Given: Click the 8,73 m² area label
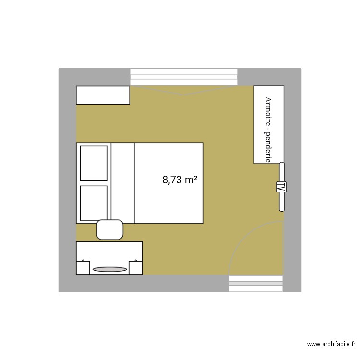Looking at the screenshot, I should (180, 180).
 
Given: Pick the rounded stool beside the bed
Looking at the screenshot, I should (110, 229).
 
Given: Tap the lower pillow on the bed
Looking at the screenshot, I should (94, 202).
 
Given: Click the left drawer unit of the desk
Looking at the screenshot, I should (84, 266).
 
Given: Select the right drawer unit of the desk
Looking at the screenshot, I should (135, 266).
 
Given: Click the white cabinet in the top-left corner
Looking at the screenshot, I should (103, 95).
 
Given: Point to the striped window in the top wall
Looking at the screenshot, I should (184, 77).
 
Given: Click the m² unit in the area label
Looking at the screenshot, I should (191, 180).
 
